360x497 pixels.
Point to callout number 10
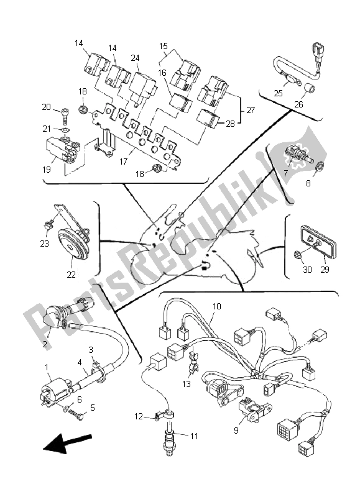click(217, 306)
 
